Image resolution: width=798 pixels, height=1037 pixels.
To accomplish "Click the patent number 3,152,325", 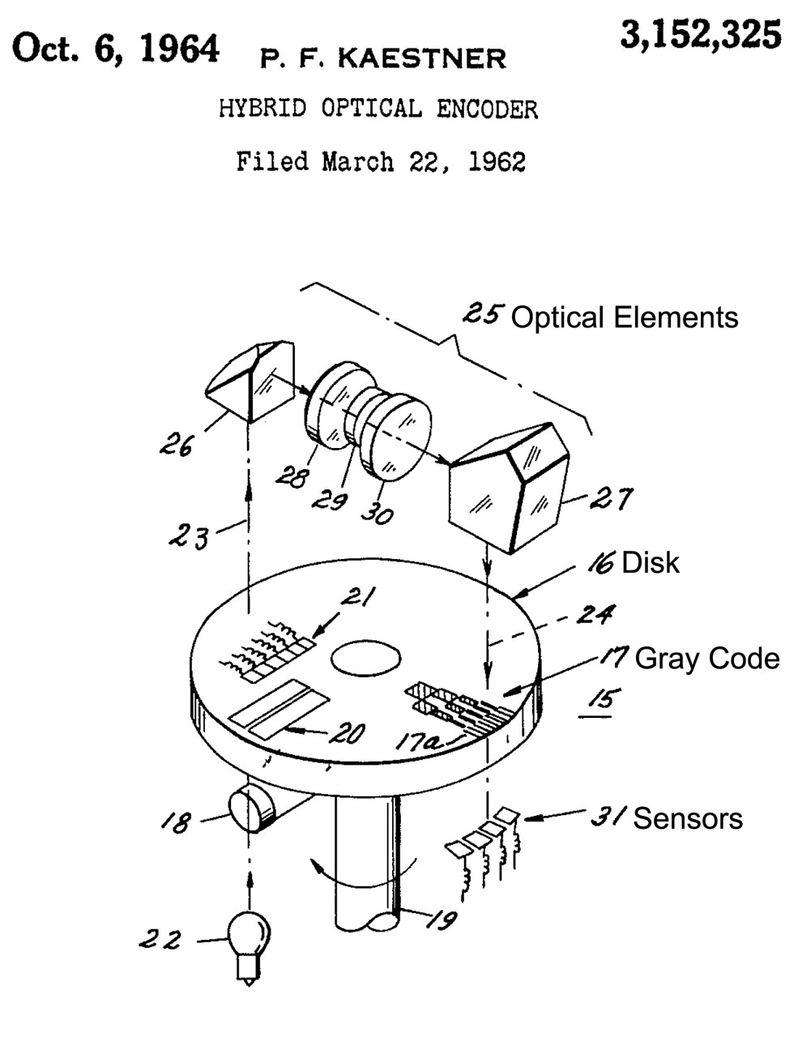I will pos(702,36).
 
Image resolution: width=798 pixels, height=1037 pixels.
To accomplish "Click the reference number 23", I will pos(190,534).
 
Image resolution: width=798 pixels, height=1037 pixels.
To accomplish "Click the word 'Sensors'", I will pos(687,818).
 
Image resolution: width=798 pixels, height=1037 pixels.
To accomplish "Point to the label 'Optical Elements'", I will pos(625,318).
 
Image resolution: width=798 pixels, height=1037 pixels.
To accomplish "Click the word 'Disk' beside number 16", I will pos(650,563).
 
